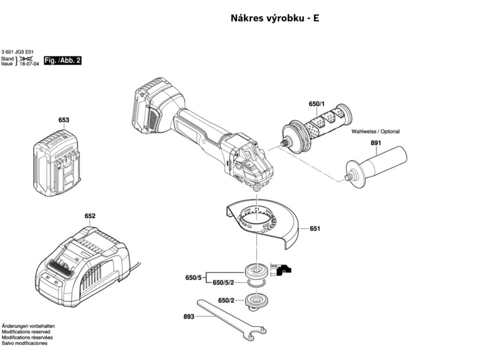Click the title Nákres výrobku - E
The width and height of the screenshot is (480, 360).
pyautogui.click(x=275, y=18)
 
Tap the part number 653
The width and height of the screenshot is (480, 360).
pyautogui.click(x=64, y=120)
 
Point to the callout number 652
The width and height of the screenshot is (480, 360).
pyautogui.click(x=90, y=216)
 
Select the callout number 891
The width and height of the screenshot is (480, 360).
pyautogui.click(x=376, y=142)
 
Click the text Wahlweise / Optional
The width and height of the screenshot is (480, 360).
pyautogui.click(x=375, y=132)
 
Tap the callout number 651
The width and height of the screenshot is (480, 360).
pyautogui.click(x=315, y=229)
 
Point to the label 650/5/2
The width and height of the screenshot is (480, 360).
pyautogui.click(x=223, y=283)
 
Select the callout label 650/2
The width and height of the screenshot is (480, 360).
pyautogui.click(x=226, y=300)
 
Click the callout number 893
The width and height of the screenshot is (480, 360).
pyautogui.click(x=188, y=316)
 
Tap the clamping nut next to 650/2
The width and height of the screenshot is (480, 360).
pyautogui.click(x=256, y=300)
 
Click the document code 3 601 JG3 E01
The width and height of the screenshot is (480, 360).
pyautogui.click(x=17, y=52)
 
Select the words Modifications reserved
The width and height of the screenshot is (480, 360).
pyautogui.click(x=26, y=331)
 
